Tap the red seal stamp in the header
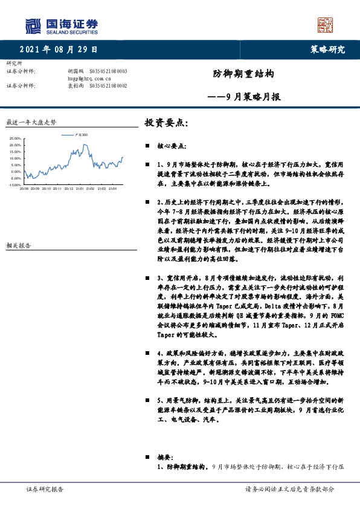[x=326, y=25]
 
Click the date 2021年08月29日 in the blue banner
[x=58, y=50]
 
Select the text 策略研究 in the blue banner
[x=327, y=50]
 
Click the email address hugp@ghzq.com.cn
[x=89, y=79]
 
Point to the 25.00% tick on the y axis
[x=16, y=139]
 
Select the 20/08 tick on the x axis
[x=24, y=189]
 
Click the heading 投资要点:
[x=166, y=123]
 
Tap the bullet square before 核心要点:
[x=147, y=147]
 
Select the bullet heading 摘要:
[x=164, y=458]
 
